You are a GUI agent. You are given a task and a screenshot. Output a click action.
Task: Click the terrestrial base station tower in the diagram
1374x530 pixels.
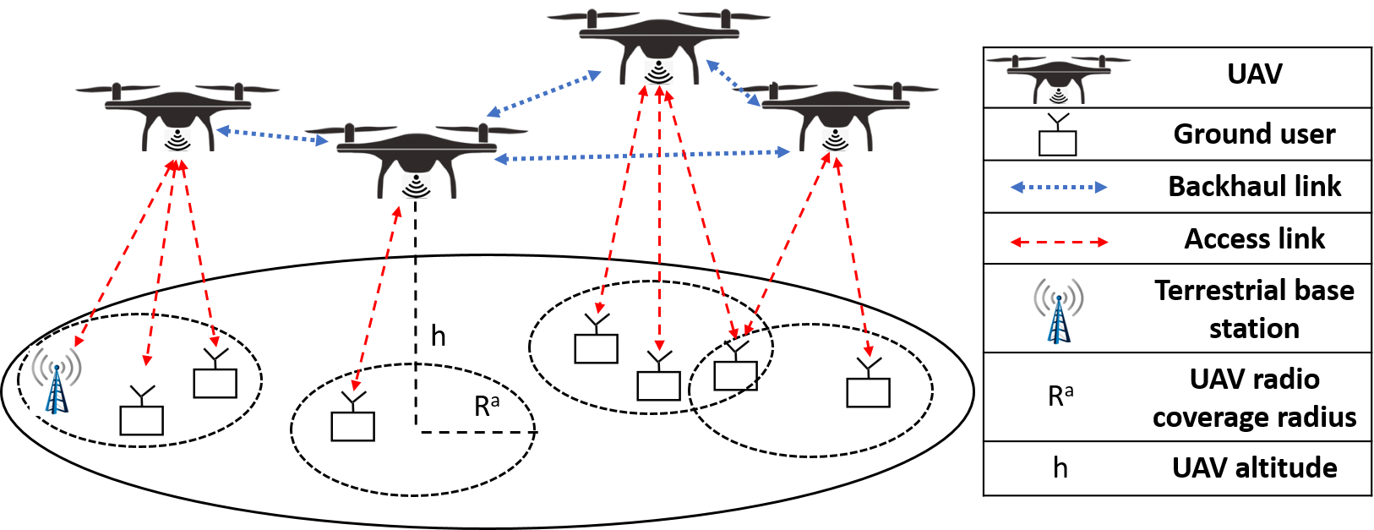56,380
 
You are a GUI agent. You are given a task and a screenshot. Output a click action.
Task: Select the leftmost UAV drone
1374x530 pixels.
177,112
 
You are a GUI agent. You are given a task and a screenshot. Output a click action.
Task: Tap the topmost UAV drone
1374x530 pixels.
658,42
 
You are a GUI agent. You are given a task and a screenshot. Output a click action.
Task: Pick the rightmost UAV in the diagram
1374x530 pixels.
835,112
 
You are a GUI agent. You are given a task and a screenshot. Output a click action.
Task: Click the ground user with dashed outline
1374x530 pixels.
736,367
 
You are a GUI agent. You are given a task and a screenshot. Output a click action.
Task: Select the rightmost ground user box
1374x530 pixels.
869,384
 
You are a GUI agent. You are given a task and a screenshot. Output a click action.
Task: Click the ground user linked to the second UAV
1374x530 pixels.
353,417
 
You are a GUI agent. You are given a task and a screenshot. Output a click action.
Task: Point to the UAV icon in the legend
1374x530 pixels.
1058,78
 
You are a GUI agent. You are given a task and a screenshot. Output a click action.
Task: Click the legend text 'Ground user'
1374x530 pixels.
1254,134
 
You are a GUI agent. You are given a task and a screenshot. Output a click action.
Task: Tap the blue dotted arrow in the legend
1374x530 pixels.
1058,187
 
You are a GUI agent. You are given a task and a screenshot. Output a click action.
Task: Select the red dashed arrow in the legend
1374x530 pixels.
1058,242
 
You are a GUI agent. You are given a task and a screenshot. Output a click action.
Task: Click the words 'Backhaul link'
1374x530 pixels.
1254,186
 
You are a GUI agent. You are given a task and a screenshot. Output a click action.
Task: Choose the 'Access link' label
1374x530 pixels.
1254,239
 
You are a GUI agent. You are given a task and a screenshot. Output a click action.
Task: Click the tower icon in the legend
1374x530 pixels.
1058,310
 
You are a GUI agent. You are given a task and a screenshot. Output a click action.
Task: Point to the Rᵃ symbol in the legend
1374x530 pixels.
1060,396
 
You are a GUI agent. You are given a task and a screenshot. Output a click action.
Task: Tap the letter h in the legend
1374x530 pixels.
1060,467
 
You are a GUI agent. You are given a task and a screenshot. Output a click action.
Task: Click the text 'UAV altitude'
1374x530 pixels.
1254,467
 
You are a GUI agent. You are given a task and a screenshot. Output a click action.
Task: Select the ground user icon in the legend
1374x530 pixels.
1057,135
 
